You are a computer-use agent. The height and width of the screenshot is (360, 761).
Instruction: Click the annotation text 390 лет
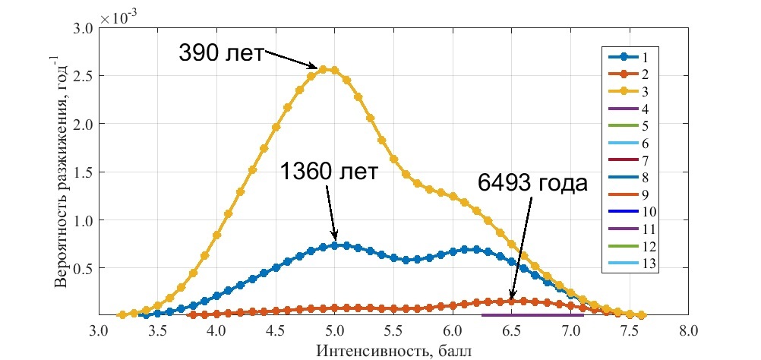click(220, 53)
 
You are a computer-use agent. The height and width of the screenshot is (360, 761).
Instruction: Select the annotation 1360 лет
click(328, 172)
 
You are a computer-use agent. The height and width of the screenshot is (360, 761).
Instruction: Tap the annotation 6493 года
click(532, 183)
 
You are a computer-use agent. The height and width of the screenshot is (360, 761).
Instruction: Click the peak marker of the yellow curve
click(324, 69)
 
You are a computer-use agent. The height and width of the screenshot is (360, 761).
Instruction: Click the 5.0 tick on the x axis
click(335, 331)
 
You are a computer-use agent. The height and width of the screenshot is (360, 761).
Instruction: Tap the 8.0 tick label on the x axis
click(689, 331)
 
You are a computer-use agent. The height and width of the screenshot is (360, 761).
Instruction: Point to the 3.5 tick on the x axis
click(157, 331)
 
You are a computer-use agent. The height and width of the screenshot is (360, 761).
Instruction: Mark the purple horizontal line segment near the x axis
click(532, 314)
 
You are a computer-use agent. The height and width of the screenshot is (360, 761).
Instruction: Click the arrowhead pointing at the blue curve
click(335, 238)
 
